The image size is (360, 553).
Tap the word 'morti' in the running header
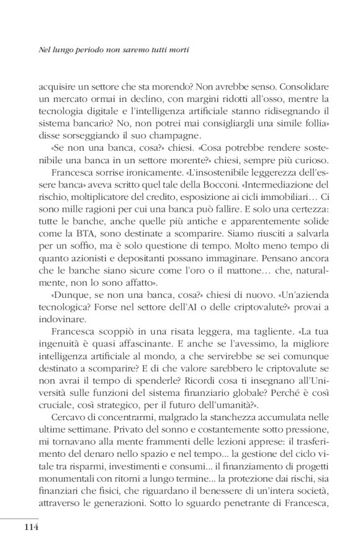coord(176,47)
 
